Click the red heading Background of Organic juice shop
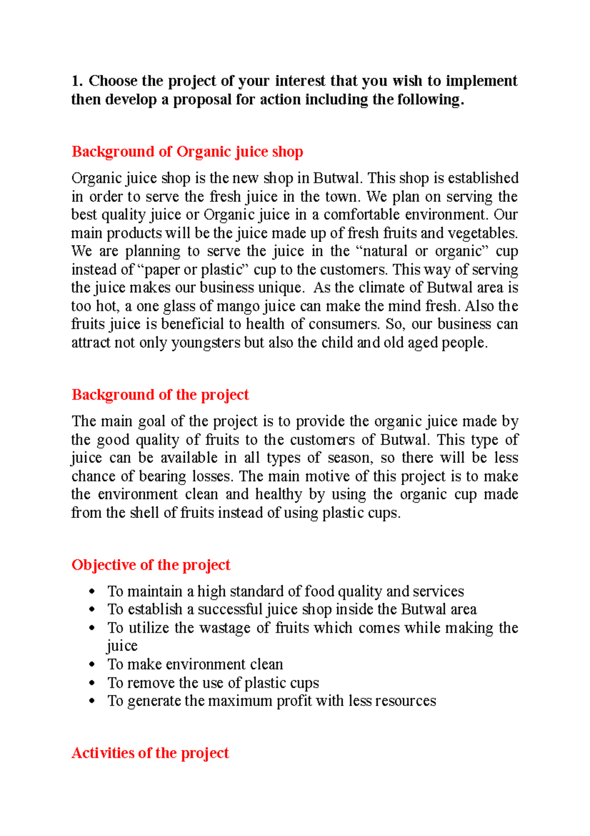pos(187,152)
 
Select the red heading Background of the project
pos(160,395)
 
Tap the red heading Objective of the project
pos(150,565)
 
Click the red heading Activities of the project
pos(150,753)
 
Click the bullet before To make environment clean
pos(91,665)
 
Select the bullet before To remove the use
pos(91,683)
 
